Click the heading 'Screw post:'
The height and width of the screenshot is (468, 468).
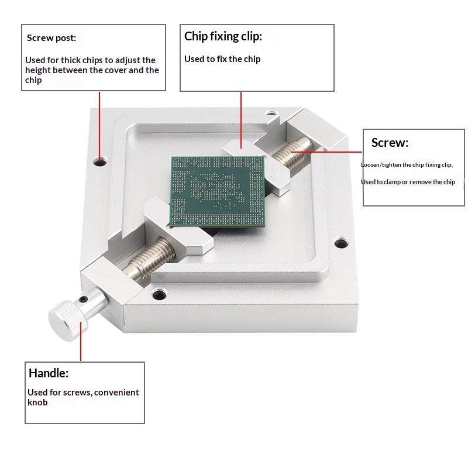51,38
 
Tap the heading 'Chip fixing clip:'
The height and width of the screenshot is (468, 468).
223,36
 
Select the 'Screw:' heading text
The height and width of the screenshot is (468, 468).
390,143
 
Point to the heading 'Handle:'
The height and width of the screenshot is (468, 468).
49,373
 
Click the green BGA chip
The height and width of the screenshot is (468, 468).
218,191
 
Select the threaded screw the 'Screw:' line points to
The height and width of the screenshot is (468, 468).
293,153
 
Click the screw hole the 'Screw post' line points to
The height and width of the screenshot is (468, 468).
100,161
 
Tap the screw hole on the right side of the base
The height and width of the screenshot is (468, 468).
341,242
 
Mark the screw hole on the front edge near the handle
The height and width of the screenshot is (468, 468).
159,294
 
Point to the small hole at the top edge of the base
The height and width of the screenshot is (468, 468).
270,113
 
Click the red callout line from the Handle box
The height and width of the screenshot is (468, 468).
81,342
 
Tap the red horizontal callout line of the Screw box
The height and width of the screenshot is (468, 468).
326,152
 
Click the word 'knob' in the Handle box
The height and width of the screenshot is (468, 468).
37,402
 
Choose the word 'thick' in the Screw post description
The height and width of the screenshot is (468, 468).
71,60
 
